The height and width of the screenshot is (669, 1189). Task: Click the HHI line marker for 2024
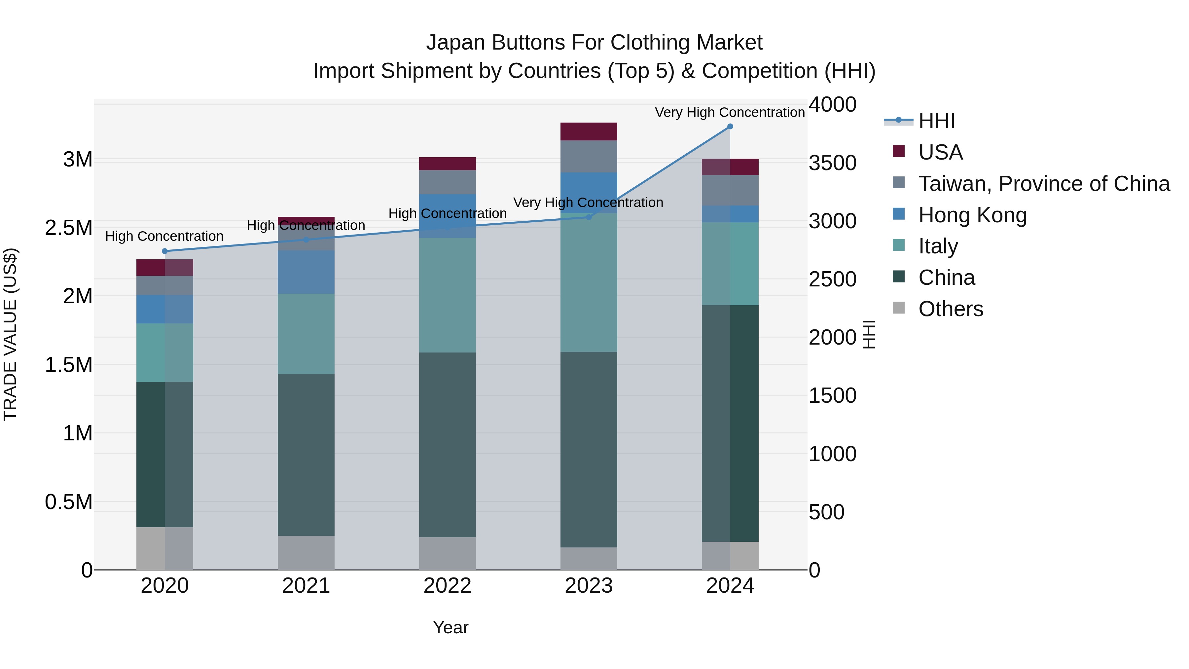tap(730, 127)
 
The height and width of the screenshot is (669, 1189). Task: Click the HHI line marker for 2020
tap(165, 251)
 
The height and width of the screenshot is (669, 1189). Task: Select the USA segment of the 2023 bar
tap(589, 131)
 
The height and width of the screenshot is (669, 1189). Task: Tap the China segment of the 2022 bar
tap(447, 445)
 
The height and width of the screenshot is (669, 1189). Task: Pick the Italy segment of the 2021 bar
tap(306, 334)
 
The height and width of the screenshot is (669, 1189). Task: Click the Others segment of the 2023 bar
tap(589, 559)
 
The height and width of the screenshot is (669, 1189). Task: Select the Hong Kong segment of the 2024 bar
tap(730, 214)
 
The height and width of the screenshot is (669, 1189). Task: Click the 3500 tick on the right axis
tap(832, 163)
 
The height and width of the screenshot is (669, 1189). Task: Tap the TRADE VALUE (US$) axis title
tap(11, 334)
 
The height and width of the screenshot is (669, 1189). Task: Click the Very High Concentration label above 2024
tap(729, 112)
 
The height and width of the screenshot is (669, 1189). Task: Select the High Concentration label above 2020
tap(164, 237)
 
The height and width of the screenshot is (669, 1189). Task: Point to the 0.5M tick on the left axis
tap(69, 502)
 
